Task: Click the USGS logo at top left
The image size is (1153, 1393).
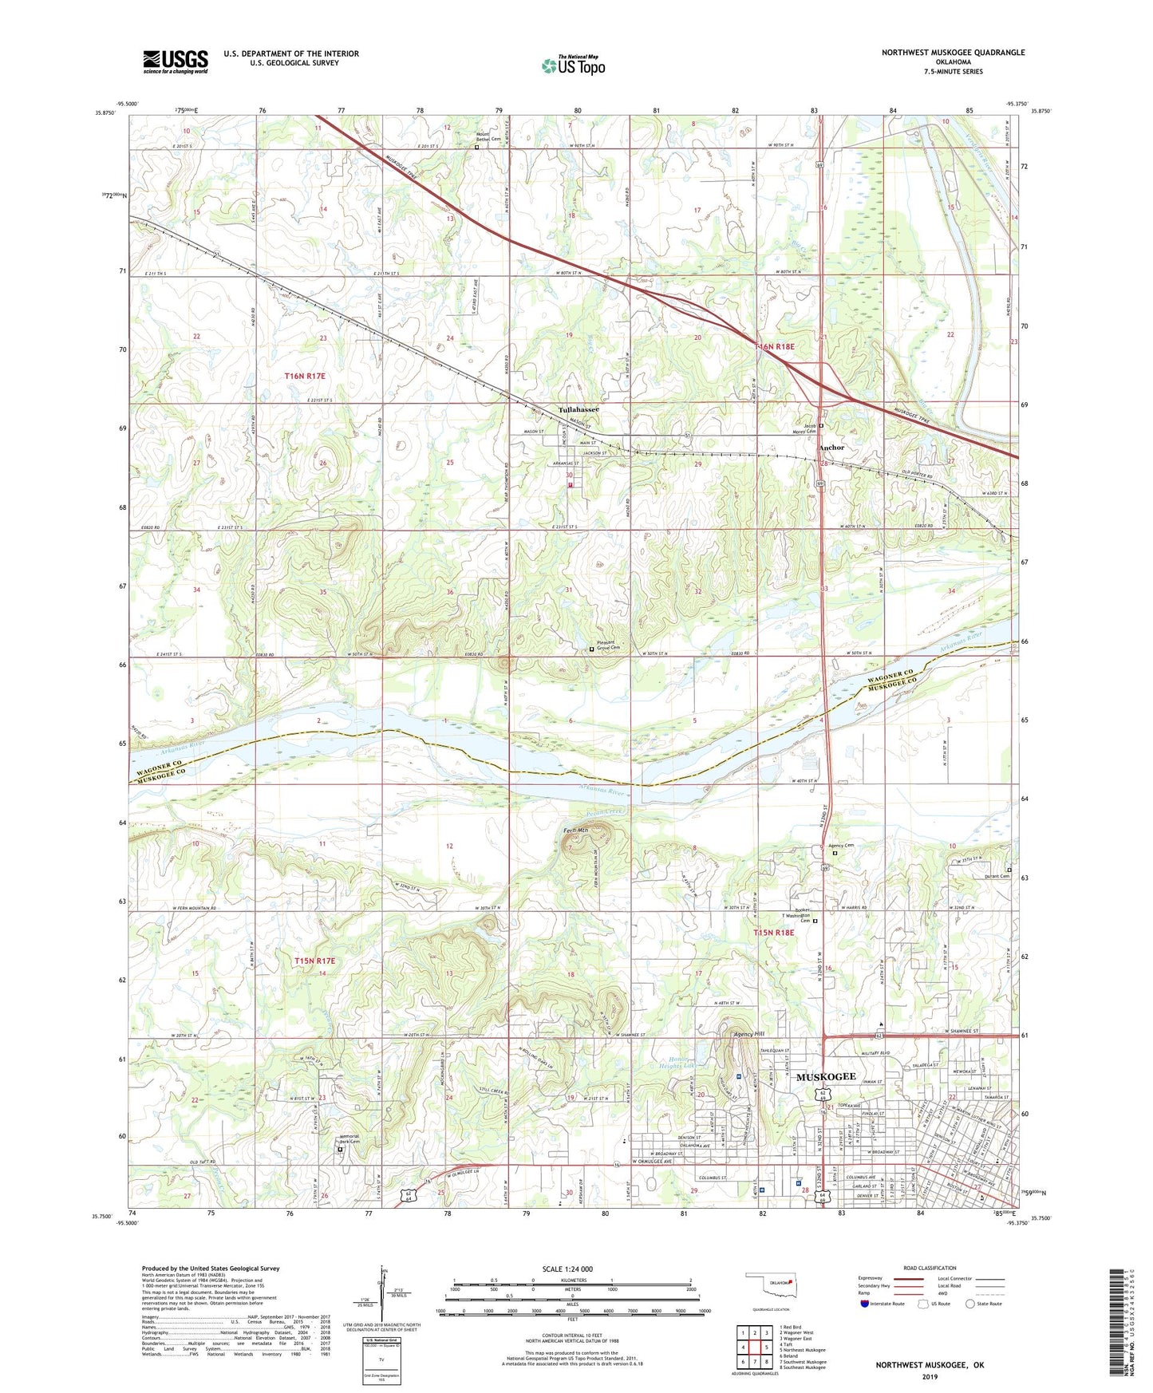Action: (176, 61)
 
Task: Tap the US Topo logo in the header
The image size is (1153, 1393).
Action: (573, 65)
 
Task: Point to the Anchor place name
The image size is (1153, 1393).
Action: (831, 448)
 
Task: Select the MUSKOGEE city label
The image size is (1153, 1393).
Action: (826, 1076)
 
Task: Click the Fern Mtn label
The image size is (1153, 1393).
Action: (575, 831)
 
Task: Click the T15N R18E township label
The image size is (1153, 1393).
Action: (774, 932)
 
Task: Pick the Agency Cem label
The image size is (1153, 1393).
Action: (841, 846)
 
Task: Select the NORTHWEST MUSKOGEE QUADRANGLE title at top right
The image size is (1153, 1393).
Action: (953, 53)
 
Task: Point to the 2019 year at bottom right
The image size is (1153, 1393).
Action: (930, 1376)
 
